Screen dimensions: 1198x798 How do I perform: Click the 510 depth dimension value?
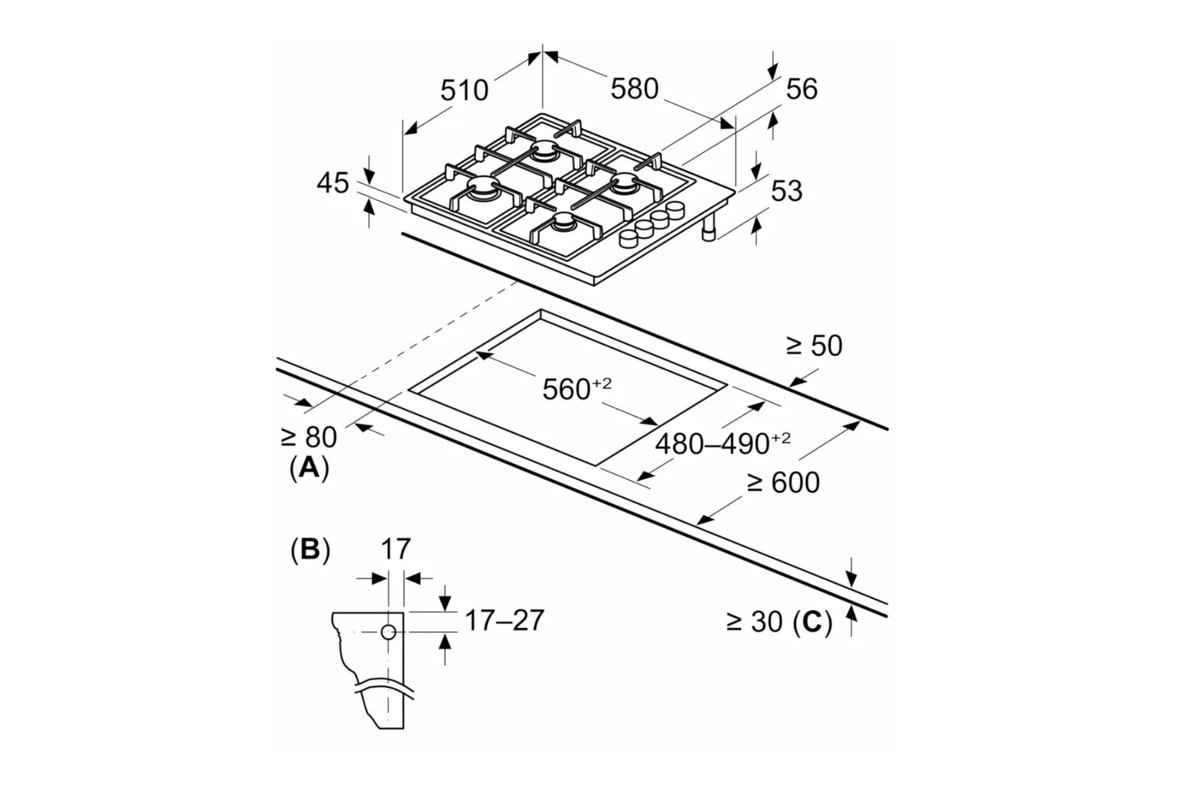pyautogui.click(x=464, y=91)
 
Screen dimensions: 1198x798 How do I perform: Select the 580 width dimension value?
pyautogui.click(x=635, y=89)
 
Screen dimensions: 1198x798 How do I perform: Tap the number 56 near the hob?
pyautogui.click(x=801, y=89)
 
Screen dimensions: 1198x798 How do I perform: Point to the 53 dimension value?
pyautogui.click(x=787, y=191)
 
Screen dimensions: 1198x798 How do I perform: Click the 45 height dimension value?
pyautogui.click(x=333, y=183)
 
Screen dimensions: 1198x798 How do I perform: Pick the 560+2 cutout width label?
pyautogui.click(x=577, y=389)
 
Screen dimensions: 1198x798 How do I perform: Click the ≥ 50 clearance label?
pyautogui.click(x=814, y=346)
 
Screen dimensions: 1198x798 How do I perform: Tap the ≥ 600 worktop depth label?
pyautogui.click(x=783, y=483)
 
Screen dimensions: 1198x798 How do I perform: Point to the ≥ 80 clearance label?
pyautogui.click(x=309, y=437)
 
